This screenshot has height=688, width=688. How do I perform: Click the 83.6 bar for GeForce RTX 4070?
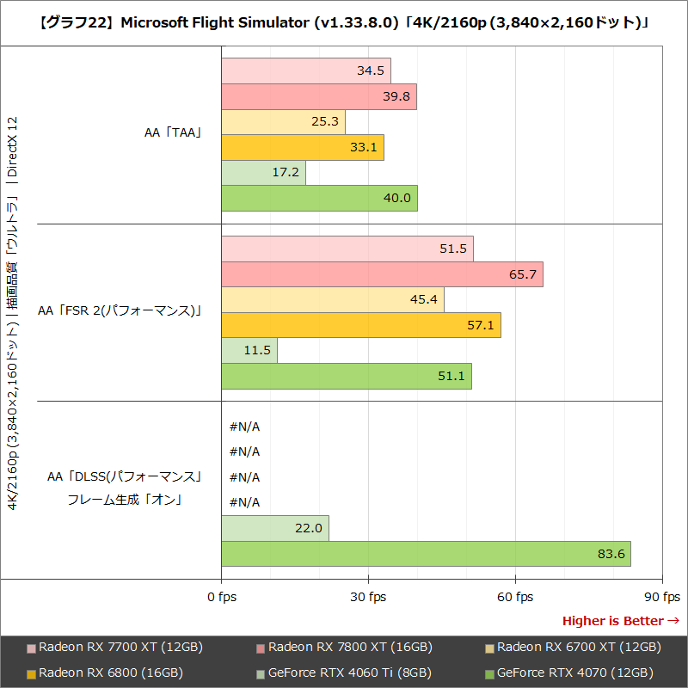pyautogui.click(x=426, y=554)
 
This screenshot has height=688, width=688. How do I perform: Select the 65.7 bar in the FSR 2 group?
pyautogui.click(x=382, y=274)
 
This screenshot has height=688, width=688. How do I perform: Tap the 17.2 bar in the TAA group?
pyautogui.click(x=263, y=173)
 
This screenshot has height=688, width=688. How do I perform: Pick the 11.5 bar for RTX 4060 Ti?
pyautogui.click(x=249, y=351)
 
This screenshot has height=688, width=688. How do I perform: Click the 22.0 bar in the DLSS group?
pyautogui.click(x=275, y=528)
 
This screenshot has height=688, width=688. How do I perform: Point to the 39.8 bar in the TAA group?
pyautogui.click(x=318, y=96)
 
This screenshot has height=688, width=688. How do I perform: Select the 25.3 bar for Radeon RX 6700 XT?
pyautogui.click(x=283, y=122)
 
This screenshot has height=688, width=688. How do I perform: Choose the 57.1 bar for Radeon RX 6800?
pyautogui.click(x=361, y=325)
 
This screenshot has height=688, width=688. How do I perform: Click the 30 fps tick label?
pyautogui.click(x=368, y=597)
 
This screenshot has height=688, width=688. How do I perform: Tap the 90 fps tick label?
pyautogui.click(x=662, y=597)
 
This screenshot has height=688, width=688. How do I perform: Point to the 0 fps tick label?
pyautogui.click(x=222, y=597)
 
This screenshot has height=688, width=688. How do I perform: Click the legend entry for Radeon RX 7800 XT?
pyautogui.click(x=344, y=648)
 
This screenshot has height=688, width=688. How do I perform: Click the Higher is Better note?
pyautogui.click(x=620, y=621)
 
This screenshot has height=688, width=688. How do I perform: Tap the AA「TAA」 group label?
pyautogui.click(x=172, y=133)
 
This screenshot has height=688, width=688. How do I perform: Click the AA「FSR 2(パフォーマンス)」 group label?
pyautogui.click(x=120, y=311)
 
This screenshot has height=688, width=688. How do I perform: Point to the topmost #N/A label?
pyautogui.click(x=245, y=427)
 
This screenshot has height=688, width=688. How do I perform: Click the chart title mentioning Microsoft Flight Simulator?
pyautogui.click(x=344, y=22)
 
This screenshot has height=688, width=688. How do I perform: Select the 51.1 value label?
pyautogui.click(x=453, y=376)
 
